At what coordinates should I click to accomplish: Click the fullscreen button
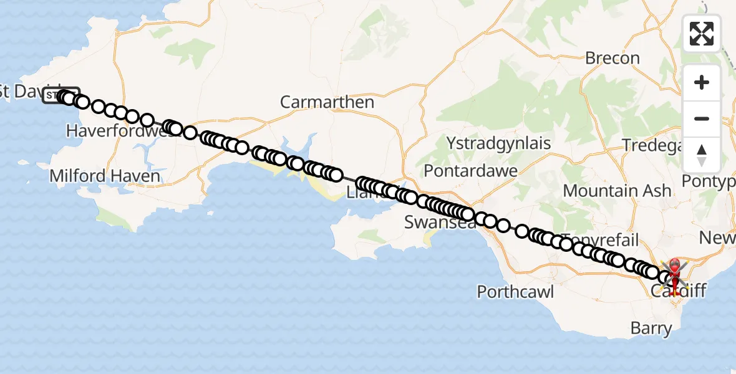pos(702,34)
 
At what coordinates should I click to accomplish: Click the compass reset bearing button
pos(702,155)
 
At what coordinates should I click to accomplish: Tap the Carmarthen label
pos(327,102)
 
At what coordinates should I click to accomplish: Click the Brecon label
pos(612,59)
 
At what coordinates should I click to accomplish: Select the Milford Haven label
pos(105,176)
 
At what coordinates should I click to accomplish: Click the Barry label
pos(651,328)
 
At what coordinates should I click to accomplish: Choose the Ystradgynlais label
pos(498,143)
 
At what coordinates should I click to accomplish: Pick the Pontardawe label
pos(470,170)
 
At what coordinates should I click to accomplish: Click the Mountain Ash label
pos(617,191)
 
